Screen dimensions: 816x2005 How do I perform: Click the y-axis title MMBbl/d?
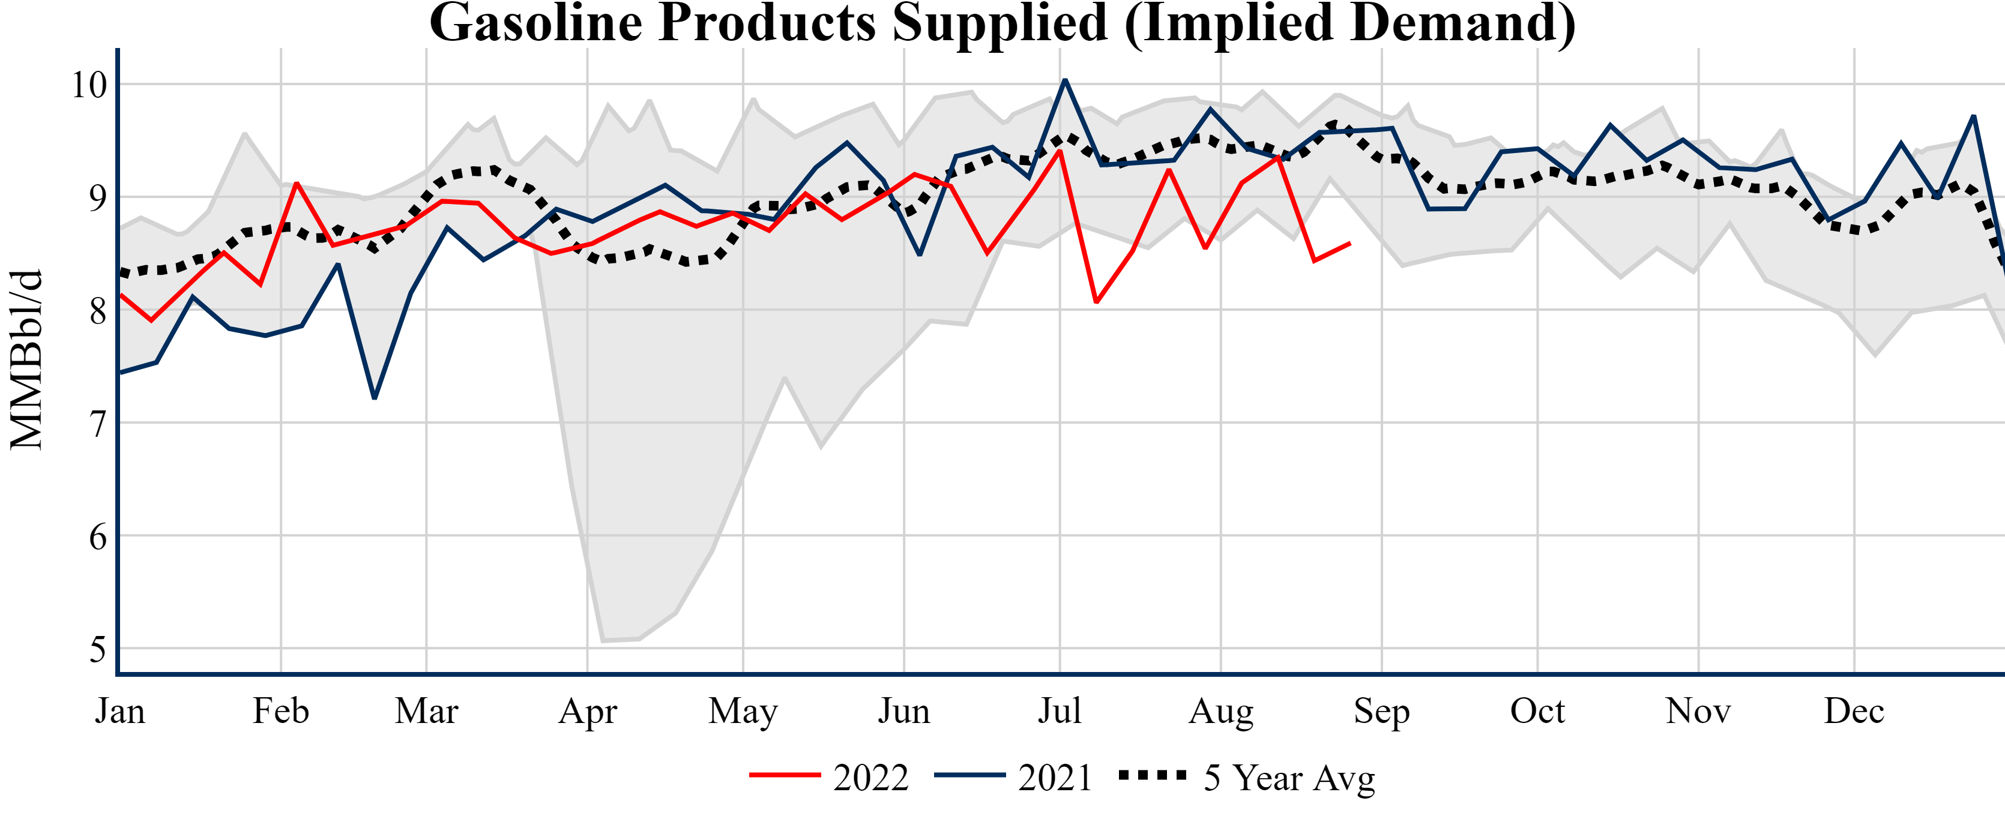coord(26,360)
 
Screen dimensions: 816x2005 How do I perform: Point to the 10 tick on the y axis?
coord(89,85)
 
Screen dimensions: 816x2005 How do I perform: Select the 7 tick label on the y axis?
coord(97,424)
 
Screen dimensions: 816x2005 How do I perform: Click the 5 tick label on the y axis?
coord(97,650)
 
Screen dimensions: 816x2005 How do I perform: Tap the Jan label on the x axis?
coord(120,711)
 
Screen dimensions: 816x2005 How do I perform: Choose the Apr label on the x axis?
coord(588,711)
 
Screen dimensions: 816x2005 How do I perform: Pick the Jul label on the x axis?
coord(1060,711)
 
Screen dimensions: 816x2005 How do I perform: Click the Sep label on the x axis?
coord(1381,711)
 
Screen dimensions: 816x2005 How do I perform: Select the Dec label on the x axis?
coord(1854,711)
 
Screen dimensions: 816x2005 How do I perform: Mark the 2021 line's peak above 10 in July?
coord(1065,80)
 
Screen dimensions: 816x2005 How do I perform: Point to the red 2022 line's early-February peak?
coord(297,183)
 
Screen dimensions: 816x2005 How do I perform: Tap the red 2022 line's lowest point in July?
coord(1096,302)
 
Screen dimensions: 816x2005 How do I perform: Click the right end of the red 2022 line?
coord(1349,244)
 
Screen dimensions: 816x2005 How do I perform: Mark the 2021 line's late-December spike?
coord(1974,116)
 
